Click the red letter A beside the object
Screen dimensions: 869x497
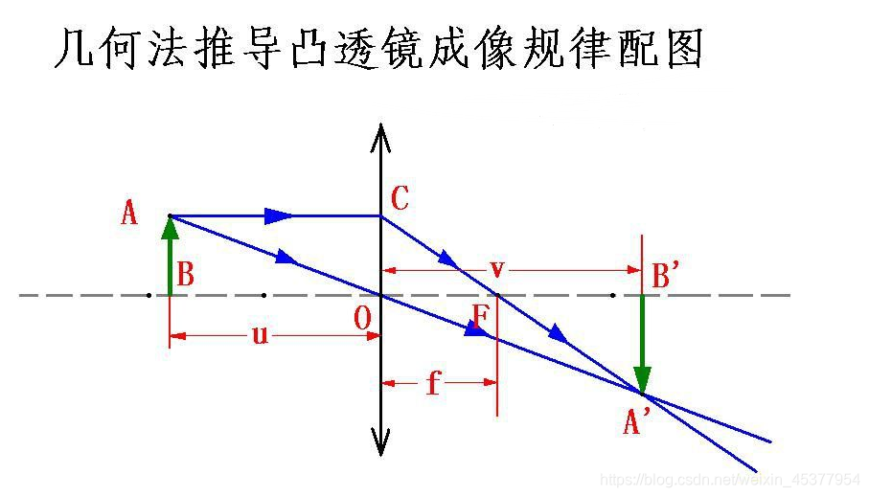129,214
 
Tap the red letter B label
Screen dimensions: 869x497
186,276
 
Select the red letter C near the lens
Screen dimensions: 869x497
400,199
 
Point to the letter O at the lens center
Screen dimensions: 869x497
362,320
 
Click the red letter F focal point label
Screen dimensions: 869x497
480,316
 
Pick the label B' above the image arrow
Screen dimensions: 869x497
666,276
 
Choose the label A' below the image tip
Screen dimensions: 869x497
637,421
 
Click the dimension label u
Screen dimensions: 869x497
260,335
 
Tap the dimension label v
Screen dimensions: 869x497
496,268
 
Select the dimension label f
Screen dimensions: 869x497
434,383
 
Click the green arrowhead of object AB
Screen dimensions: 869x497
170,227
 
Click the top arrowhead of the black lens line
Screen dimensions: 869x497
381,137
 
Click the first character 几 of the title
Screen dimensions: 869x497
71,49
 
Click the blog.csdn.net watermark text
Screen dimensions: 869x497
728,478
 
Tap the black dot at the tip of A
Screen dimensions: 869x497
170,215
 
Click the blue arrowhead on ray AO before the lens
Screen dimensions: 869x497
286,258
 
